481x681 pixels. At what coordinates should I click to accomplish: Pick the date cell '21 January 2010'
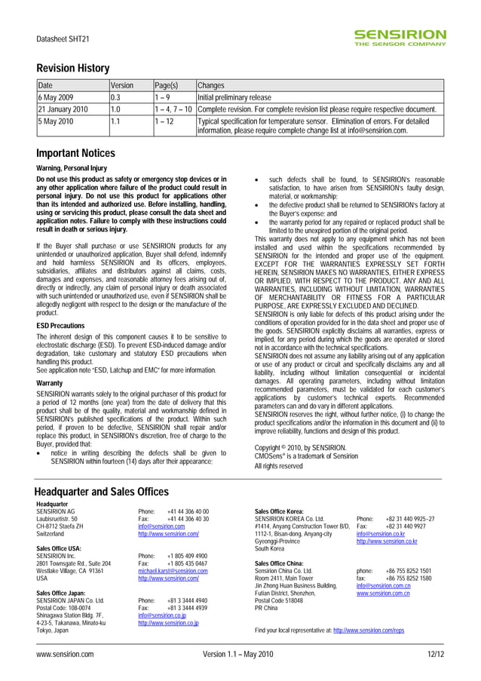63,109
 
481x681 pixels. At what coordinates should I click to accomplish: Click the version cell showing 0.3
116,98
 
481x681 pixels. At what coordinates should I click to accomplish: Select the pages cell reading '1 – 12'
164,121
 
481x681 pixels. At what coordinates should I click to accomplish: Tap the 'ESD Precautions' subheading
62,325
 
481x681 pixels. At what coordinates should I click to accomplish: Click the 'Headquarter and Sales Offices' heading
103,492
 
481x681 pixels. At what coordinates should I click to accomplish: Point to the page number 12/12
435,655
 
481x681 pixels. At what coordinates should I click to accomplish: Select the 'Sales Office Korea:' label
280,511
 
